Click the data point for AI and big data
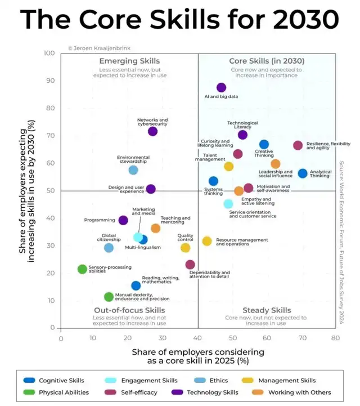point(221,87)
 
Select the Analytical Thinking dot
point(303,173)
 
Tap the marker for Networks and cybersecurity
point(152,131)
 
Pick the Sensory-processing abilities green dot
point(82,269)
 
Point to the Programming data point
point(123,220)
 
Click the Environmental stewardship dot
point(133,170)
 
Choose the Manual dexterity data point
point(109,297)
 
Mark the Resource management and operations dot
point(207,241)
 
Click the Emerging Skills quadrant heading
point(129,61)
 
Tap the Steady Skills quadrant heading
point(267,310)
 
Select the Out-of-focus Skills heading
point(129,310)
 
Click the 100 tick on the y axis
point(49,53)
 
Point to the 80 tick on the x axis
point(335,339)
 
